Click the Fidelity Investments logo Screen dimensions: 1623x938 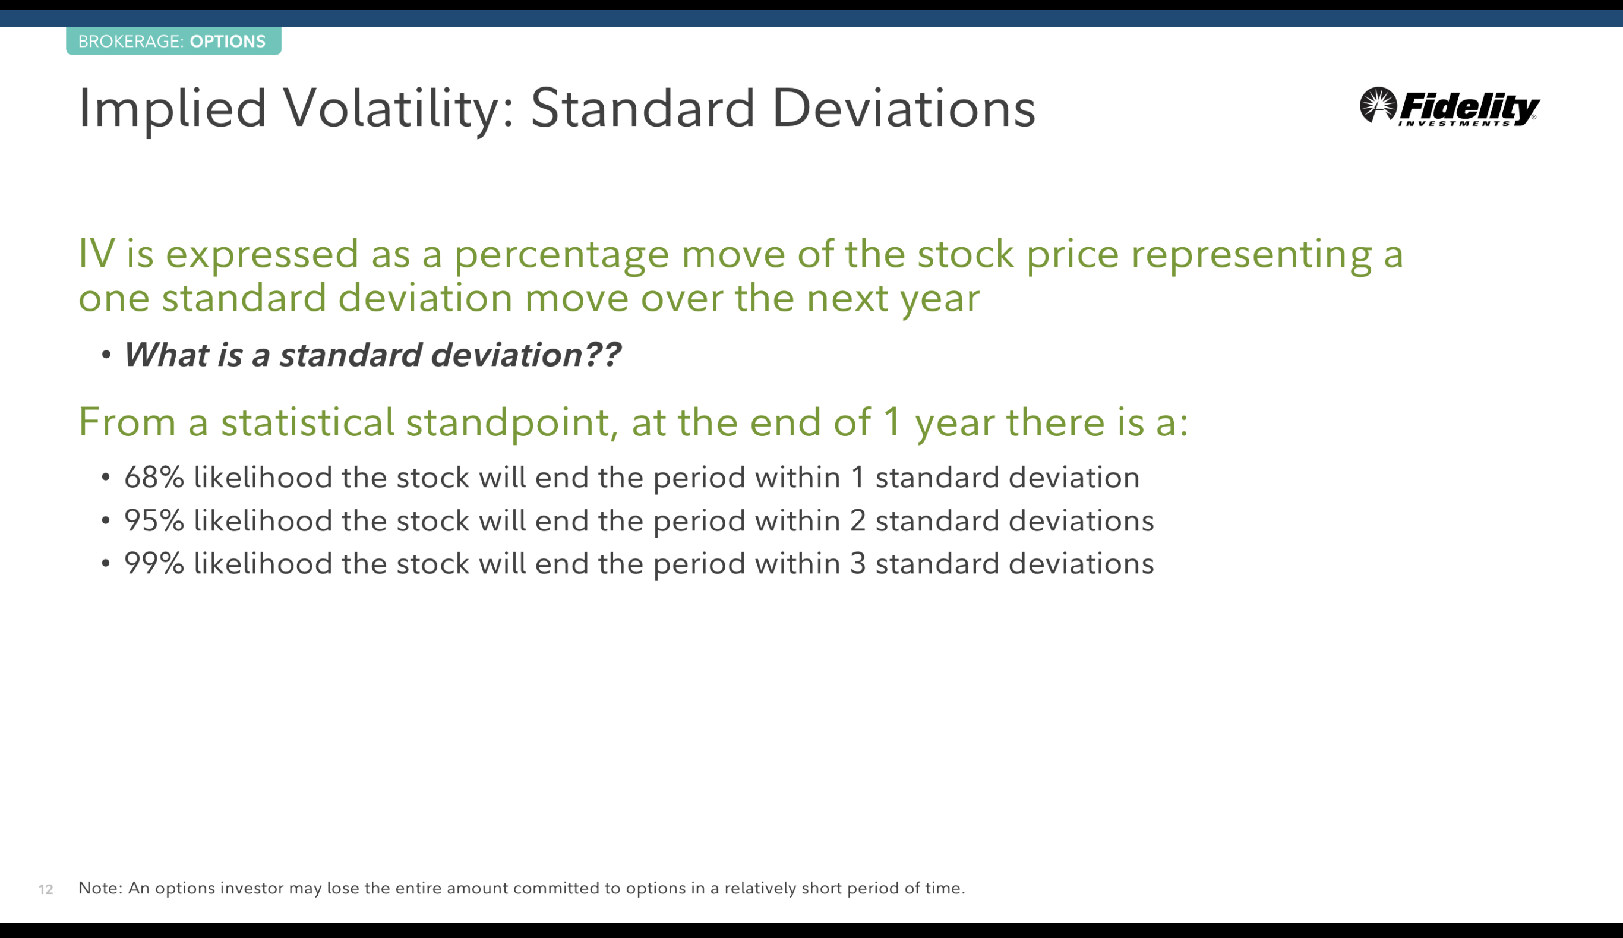[1449, 107]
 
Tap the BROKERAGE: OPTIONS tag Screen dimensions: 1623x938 [173, 41]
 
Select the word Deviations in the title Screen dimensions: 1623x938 [904, 108]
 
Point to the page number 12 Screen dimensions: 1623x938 [46, 890]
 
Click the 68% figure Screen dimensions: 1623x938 [154, 478]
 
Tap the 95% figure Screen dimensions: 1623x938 [154, 520]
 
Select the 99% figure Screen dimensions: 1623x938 [154, 564]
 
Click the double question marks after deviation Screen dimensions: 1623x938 [603, 354]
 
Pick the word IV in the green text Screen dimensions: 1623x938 [97, 253]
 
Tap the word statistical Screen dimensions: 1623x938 [307, 422]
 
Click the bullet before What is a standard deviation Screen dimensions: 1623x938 [106, 355]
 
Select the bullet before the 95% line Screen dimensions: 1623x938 [106, 520]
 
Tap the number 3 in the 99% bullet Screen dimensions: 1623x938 [858, 564]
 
